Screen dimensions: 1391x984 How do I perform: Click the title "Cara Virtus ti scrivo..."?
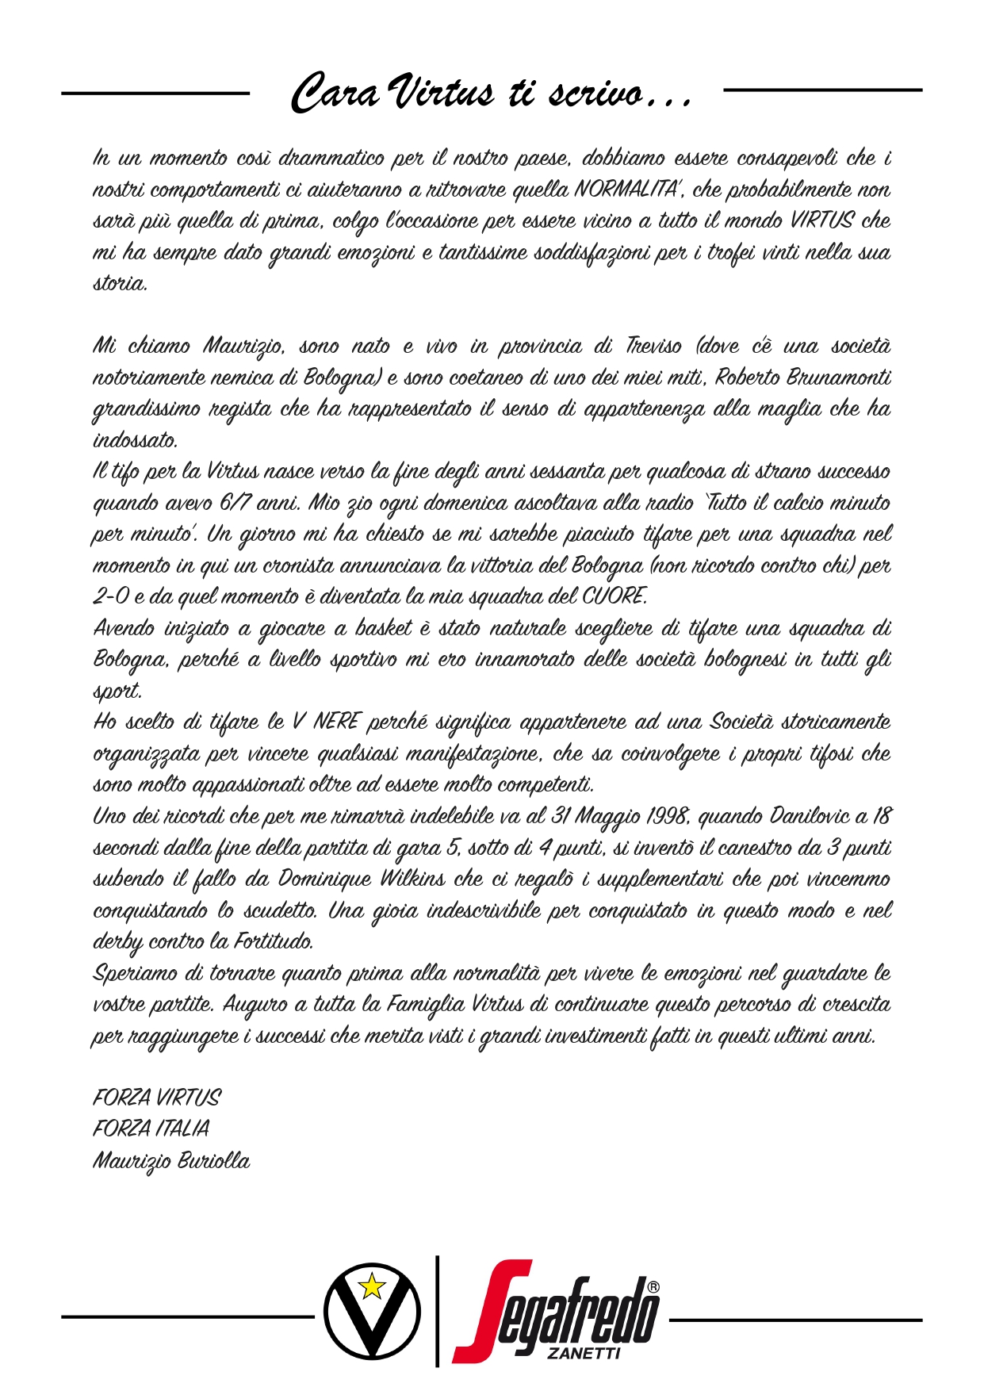tap(492, 93)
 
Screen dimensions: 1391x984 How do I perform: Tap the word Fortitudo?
tap(273, 942)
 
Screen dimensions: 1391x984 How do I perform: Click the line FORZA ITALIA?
tap(151, 1129)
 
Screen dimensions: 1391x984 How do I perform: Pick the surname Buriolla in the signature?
tap(212, 1161)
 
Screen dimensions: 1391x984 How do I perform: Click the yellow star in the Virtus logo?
tap(372, 1286)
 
